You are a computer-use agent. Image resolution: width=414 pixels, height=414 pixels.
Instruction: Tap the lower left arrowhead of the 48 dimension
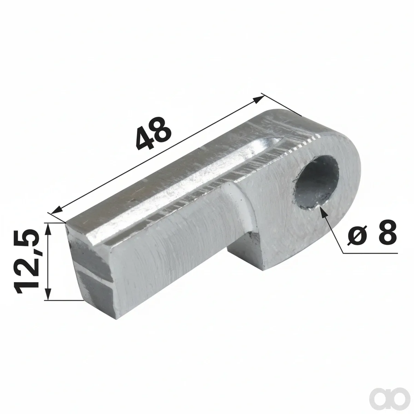tap(56, 210)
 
